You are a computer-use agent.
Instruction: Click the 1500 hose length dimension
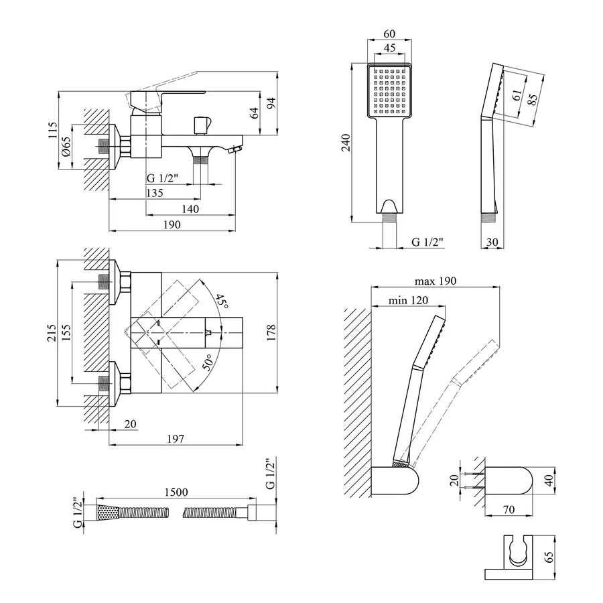175,492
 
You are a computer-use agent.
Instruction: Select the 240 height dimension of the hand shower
345,143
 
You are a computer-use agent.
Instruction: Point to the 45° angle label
222,301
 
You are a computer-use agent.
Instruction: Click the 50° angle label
208,363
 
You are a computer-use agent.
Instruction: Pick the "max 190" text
435,281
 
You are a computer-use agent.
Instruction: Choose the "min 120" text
408,301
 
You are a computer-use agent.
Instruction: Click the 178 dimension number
271,333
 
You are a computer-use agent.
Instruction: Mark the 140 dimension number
190,209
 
